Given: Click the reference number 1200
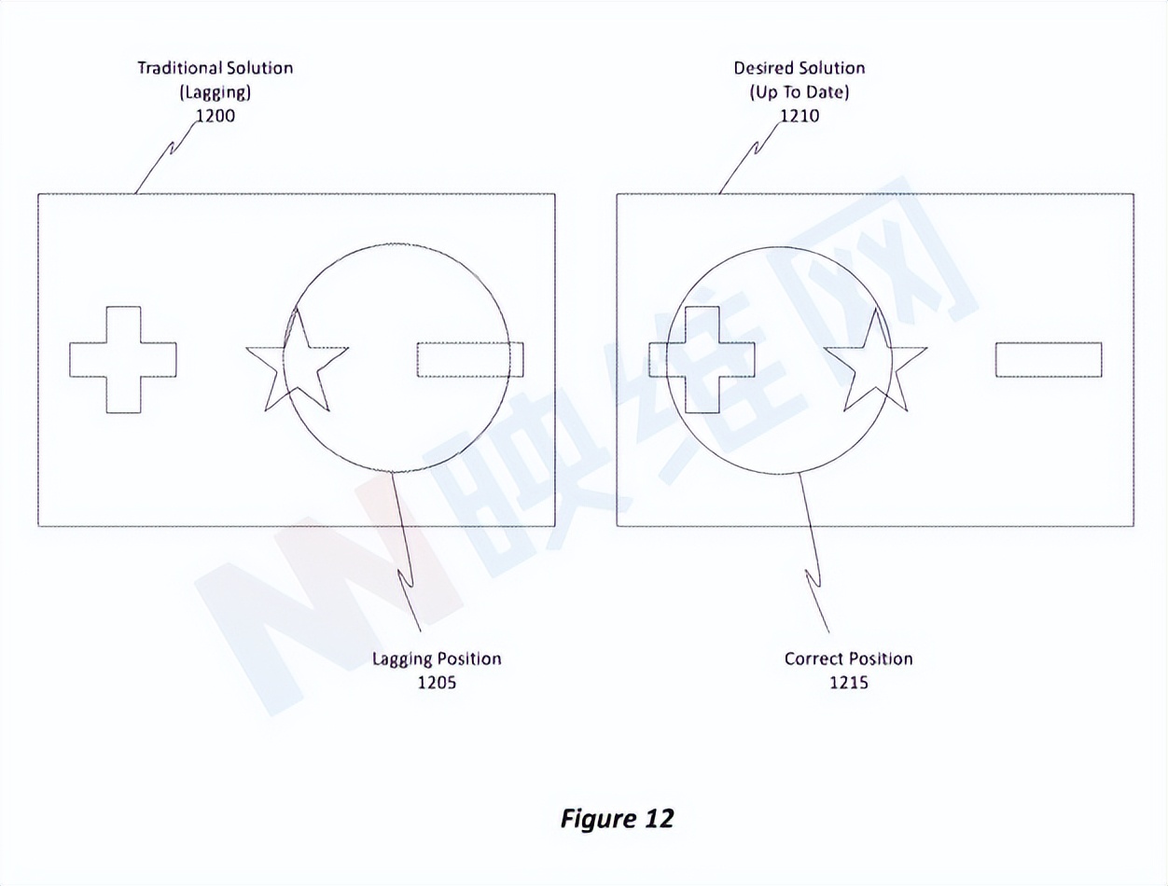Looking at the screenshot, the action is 215,117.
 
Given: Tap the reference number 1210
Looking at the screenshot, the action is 800,117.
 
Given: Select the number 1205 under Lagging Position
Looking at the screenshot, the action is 437,683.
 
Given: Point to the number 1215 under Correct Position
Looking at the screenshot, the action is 848,683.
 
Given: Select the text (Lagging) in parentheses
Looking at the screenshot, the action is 216,92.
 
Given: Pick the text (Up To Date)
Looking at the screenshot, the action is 800,92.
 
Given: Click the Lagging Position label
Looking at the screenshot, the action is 437,658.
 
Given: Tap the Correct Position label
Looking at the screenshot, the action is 848,658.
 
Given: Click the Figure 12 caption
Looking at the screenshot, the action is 617,818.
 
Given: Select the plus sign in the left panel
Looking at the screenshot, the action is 123,360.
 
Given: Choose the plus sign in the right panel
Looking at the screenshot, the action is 702,360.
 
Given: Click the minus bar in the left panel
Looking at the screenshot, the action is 470,360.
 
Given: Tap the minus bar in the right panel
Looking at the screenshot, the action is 1049,360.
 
